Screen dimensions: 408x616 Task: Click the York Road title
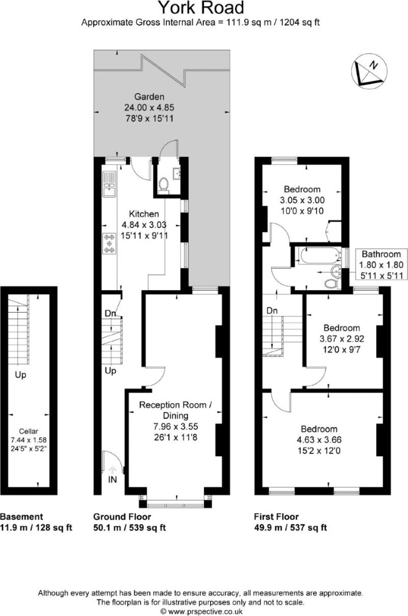pyautogui.click(x=201, y=8)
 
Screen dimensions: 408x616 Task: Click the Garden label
pyautogui.click(x=149, y=97)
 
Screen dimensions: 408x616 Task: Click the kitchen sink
pyautogui.click(x=108, y=185)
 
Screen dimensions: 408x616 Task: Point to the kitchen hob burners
pyautogui.click(x=109, y=244)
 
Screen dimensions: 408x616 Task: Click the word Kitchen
pyautogui.click(x=144, y=214)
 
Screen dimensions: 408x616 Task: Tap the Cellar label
pyautogui.click(x=29, y=431)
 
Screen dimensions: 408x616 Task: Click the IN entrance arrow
pyautogui.click(x=113, y=469)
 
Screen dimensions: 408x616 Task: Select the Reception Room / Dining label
pyautogui.click(x=175, y=410)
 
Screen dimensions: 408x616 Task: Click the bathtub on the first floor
pyautogui.click(x=319, y=256)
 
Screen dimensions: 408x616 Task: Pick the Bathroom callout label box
pyautogui.click(x=381, y=265)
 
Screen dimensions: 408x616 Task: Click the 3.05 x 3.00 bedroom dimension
pyautogui.click(x=302, y=200)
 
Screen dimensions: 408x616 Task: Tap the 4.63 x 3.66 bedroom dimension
pyautogui.click(x=319, y=440)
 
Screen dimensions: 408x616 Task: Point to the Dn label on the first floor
pyautogui.click(x=272, y=311)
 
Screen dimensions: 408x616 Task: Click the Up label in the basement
pyautogui.click(x=21, y=375)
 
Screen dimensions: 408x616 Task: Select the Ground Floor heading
pyautogui.click(x=122, y=517)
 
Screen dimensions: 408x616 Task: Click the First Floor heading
pyautogui.click(x=276, y=517)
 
